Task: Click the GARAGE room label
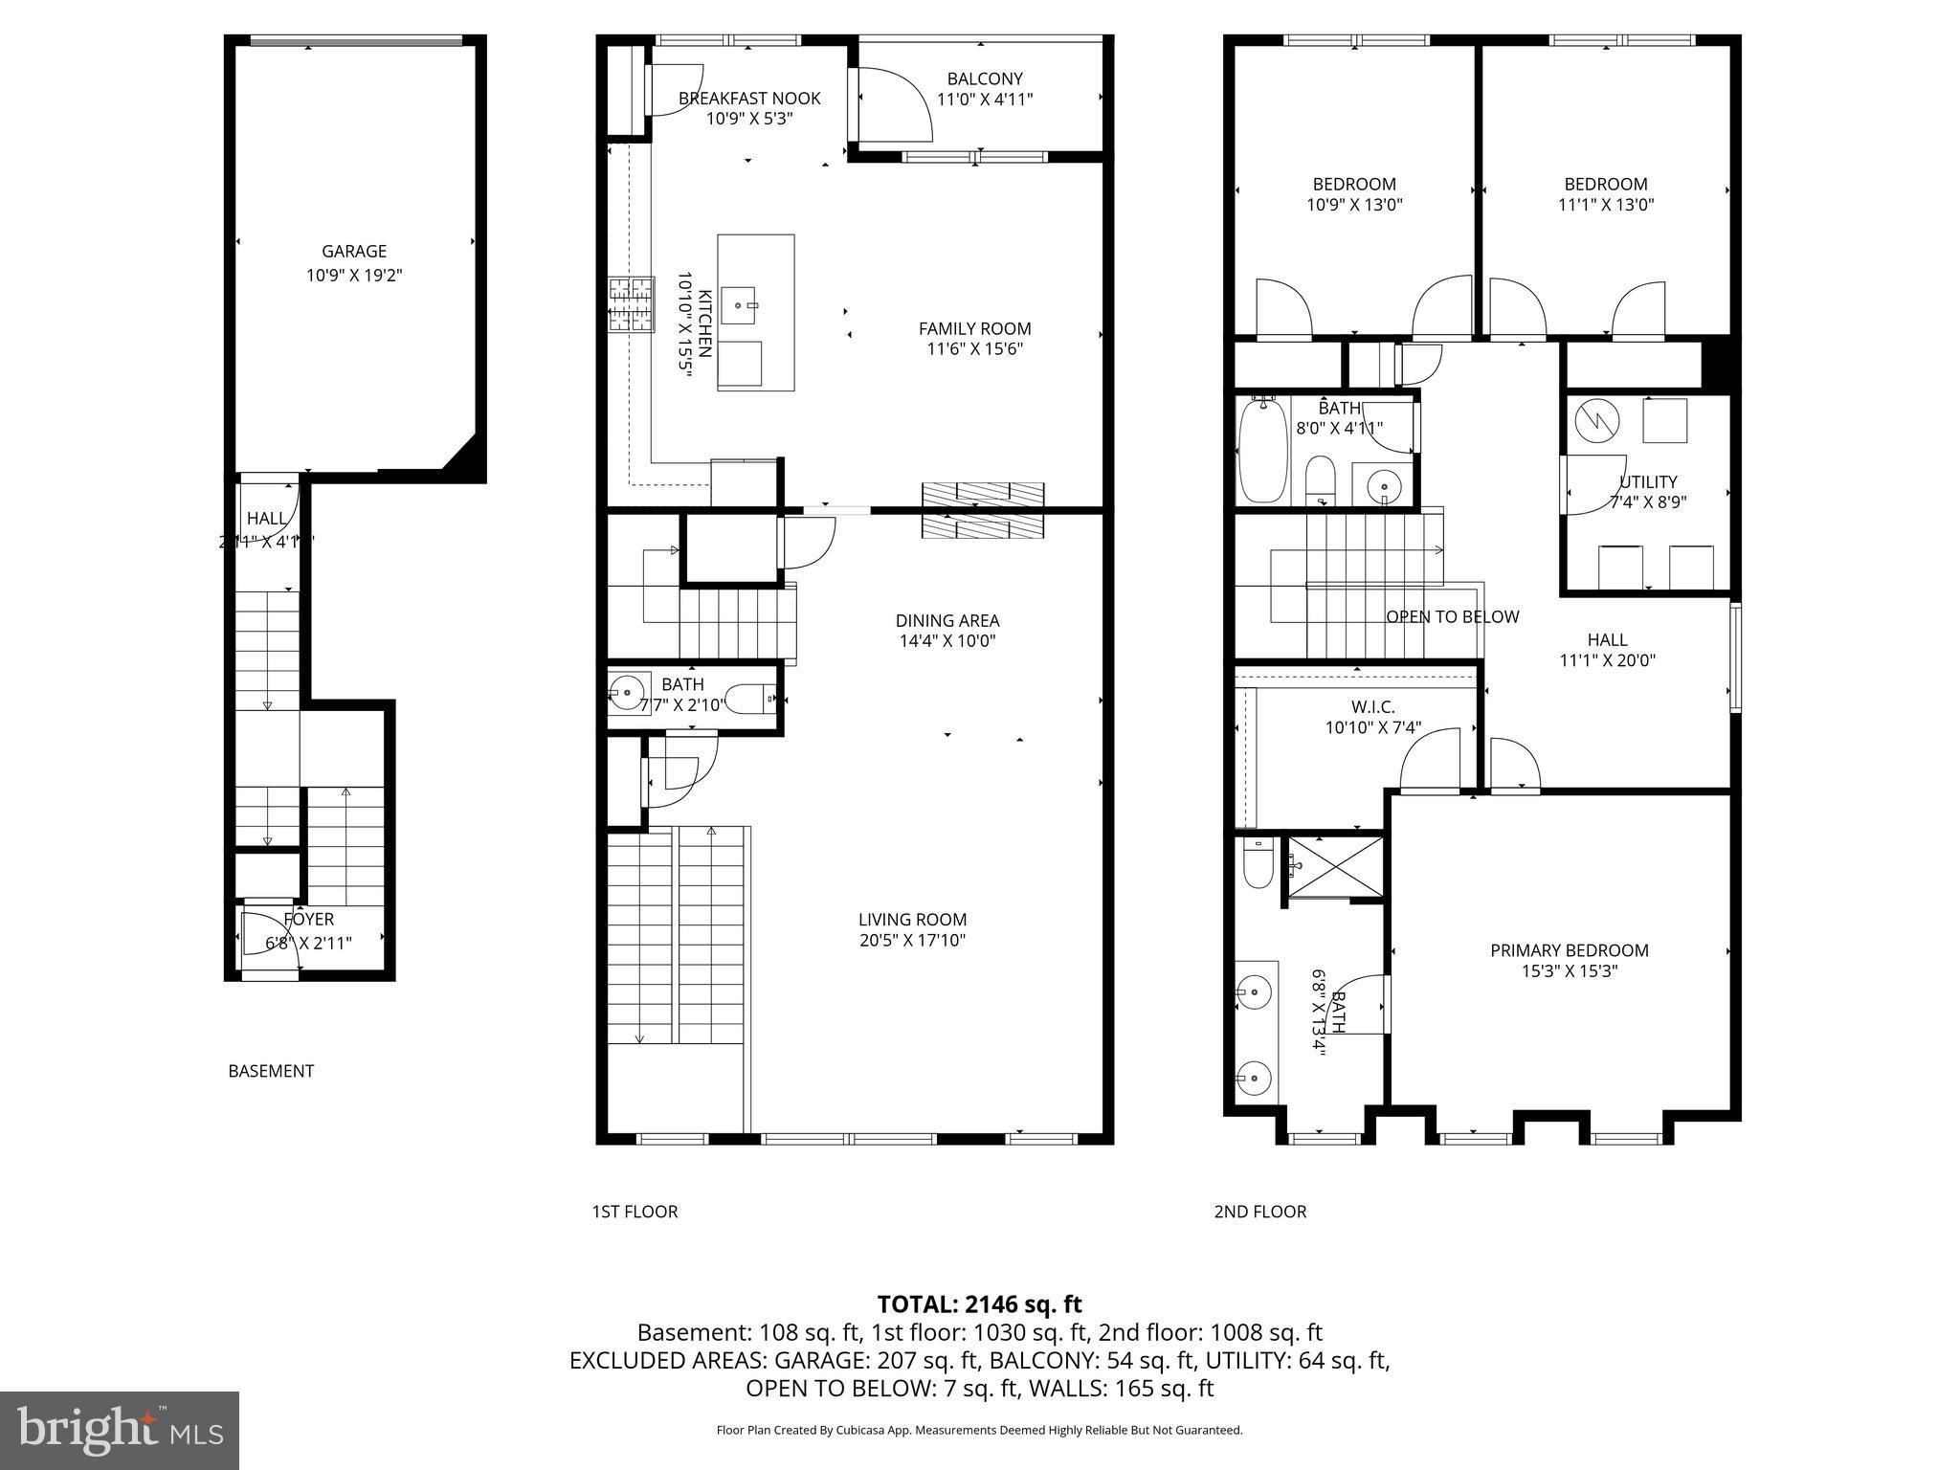click(x=354, y=252)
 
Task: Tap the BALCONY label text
click(x=985, y=79)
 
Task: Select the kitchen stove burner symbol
click(x=632, y=304)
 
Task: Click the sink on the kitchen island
click(x=741, y=303)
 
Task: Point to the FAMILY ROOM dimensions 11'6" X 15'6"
click(x=974, y=349)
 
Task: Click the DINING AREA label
click(x=947, y=621)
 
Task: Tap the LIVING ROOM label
click(x=912, y=920)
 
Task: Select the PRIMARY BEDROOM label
click(x=1569, y=950)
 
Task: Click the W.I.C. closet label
click(x=1372, y=707)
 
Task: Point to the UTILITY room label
click(x=1648, y=481)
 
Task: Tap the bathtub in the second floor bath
click(x=1262, y=453)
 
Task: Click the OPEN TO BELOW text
click(x=1452, y=617)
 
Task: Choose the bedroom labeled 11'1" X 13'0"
click(x=1606, y=194)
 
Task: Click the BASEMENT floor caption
click(x=271, y=1071)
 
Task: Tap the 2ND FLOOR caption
click(x=1259, y=1212)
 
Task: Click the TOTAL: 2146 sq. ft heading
click(x=979, y=1304)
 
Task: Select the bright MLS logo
click(x=120, y=1431)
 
